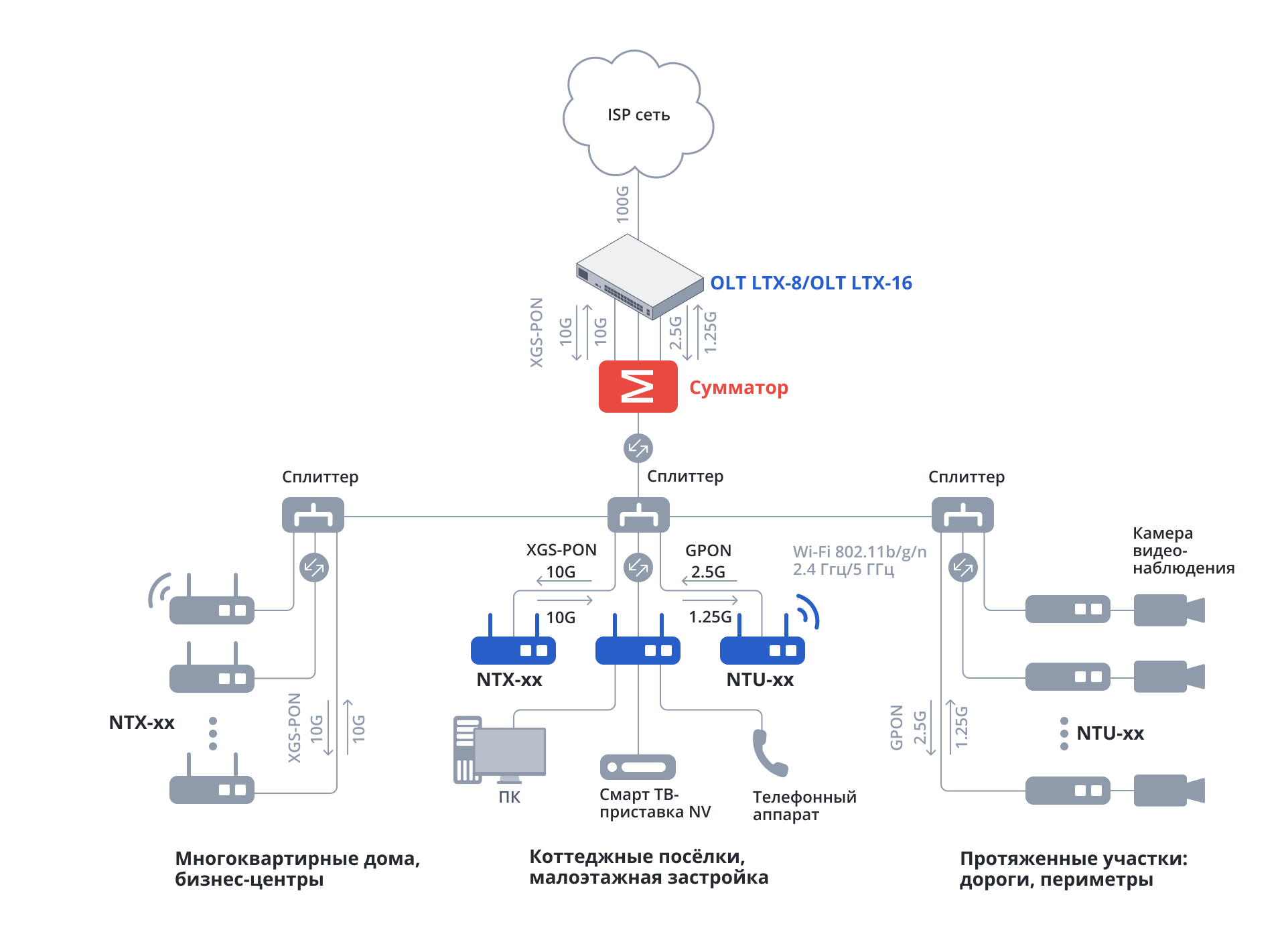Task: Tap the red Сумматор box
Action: click(638, 387)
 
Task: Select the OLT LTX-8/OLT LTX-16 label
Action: click(810, 283)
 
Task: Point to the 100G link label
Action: click(623, 204)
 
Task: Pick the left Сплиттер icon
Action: click(313, 515)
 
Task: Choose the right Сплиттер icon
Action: click(962, 515)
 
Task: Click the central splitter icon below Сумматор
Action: click(638, 515)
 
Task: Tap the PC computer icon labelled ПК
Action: click(499, 750)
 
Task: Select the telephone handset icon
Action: click(769, 752)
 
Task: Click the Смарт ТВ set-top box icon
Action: click(638, 767)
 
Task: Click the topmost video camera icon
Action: click(1168, 610)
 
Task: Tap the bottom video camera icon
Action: click(1168, 791)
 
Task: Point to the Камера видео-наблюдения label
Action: click(1183, 551)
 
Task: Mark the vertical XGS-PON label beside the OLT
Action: click(537, 332)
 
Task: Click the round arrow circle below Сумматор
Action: click(638, 448)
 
